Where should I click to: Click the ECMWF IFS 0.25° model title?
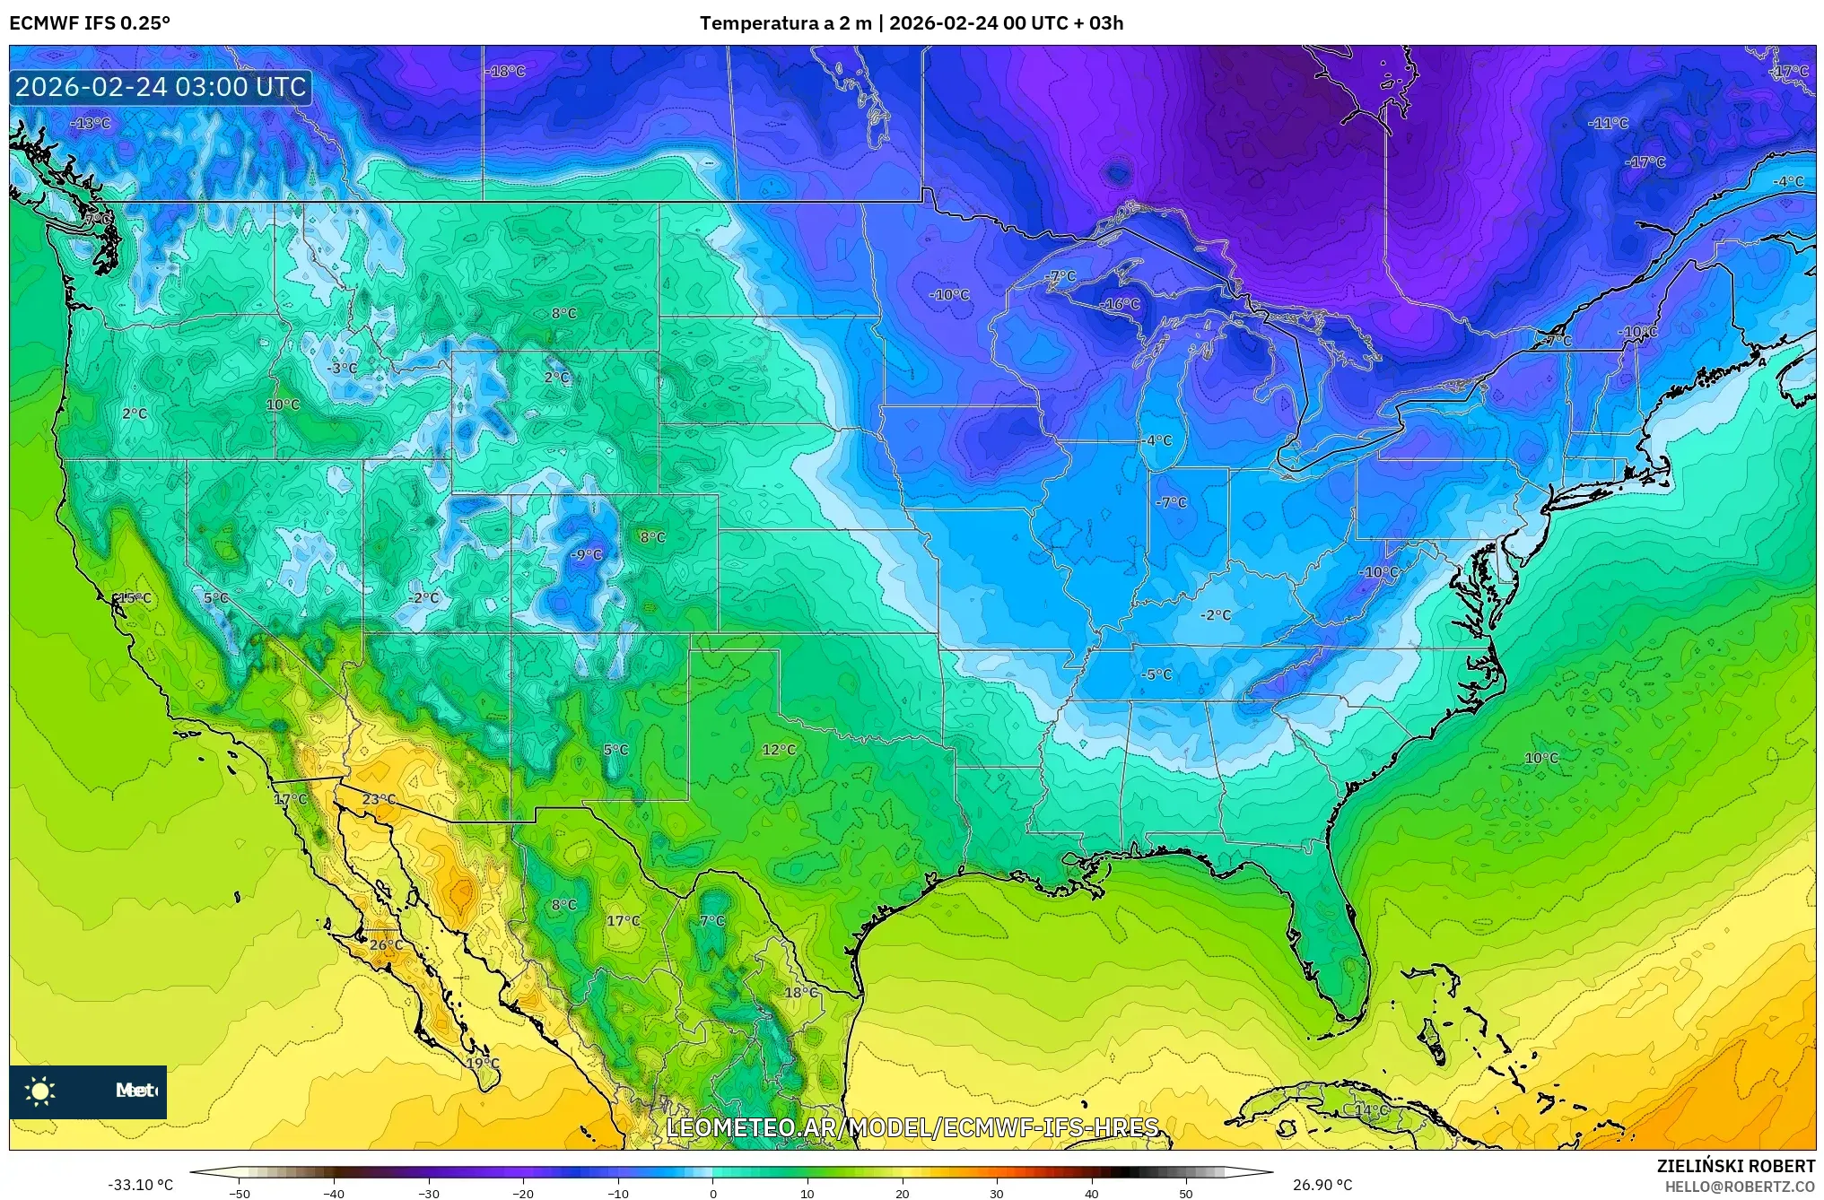(x=90, y=23)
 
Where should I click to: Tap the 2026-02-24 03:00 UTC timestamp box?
(x=161, y=87)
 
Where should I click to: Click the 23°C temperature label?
(x=379, y=799)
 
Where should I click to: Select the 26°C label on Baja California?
(x=386, y=944)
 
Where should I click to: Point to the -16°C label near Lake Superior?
(x=1121, y=304)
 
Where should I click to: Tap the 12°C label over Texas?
(x=778, y=750)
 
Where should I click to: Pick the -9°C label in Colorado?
(x=587, y=555)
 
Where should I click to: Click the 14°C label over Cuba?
(x=1371, y=1109)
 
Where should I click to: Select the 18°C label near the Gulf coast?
(x=801, y=992)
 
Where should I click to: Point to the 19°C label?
(x=483, y=1063)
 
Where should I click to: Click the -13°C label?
(x=92, y=123)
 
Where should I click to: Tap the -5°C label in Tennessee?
(x=1156, y=674)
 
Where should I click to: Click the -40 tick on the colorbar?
(x=334, y=1193)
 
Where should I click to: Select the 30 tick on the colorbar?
(x=997, y=1193)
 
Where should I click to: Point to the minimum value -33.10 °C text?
(x=141, y=1185)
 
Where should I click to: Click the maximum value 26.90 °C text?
(x=1322, y=1185)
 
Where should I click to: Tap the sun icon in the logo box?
(x=40, y=1091)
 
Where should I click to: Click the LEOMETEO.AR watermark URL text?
(x=912, y=1127)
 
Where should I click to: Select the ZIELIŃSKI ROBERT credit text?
(x=1735, y=1166)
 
